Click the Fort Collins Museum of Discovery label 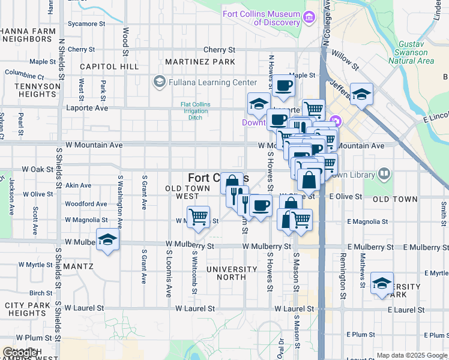[x=261, y=18]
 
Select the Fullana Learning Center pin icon [x=160, y=81]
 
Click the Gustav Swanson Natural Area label [x=411, y=55]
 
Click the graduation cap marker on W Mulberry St [x=107, y=239]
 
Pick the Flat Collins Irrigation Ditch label [x=199, y=110]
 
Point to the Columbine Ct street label [x=25, y=76]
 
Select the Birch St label [x=41, y=293]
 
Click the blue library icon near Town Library [x=384, y=175]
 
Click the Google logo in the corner [x=20, y=353]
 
